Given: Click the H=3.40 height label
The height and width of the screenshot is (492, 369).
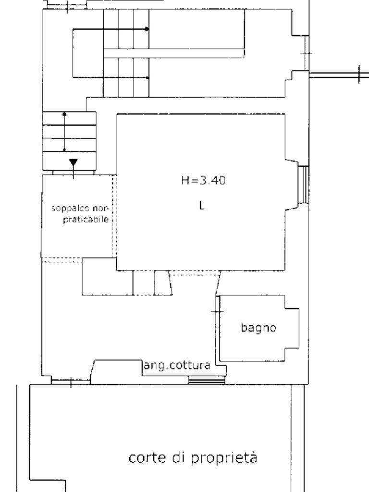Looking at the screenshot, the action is (203, 181).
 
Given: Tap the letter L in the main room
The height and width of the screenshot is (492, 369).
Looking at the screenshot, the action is (201, 205).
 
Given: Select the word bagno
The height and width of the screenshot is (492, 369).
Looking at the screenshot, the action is (258, 328).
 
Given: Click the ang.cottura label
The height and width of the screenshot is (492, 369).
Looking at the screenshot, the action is (177, 366).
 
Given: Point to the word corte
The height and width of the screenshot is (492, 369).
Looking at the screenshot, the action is (147, 458).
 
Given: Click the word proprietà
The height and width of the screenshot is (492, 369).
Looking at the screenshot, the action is (224, 458).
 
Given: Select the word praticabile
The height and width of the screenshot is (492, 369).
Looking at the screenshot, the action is (86, 219).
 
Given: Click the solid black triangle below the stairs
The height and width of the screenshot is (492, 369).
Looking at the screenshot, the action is (74, 163).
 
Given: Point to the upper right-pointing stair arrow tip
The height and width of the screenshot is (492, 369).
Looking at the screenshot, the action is (148, 29).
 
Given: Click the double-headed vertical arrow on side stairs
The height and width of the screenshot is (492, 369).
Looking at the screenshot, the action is (65, 132).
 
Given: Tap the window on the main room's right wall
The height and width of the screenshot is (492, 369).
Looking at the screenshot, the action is (303, 184).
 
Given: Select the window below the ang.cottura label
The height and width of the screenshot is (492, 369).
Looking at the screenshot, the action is (207, 381).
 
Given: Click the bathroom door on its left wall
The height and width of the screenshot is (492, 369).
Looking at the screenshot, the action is (218, 328).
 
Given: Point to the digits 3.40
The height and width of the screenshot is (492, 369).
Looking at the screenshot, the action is (212, 181).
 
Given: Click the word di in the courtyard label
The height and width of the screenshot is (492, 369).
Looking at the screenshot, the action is (178, 458).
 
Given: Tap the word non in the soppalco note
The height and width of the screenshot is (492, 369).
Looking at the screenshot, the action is (100, 209).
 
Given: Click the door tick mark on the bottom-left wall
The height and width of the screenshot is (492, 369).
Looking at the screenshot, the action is (71, 382).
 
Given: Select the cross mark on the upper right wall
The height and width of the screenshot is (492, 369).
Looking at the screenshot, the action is (307, 53).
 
